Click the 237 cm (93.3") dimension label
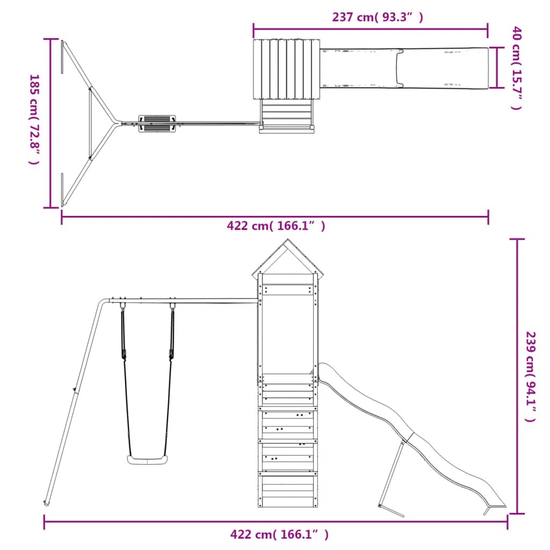tap(378, 17)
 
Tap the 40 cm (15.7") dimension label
tap(517, 67)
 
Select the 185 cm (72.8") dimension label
tap(34, 119)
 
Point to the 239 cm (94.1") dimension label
tap(530, 377)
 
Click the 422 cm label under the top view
tap(276, 226)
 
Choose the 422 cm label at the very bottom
tap(279, 534)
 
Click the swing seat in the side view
tap(147, 460)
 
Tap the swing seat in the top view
tap(157, 124)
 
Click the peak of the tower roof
tap(288, 240)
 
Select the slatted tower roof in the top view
tap(287, 69)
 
